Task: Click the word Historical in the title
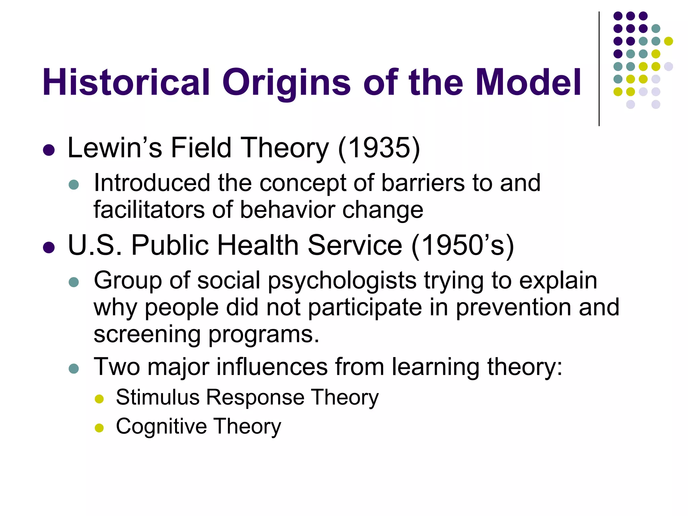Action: [126, 82]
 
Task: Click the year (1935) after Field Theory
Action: [379, 148]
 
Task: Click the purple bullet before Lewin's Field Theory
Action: [49, 150]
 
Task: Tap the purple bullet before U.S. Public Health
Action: [49, 248]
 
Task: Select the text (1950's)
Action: [463, 245]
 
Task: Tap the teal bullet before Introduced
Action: [74, 184]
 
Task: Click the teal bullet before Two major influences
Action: [74, 369]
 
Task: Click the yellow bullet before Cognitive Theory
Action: [99, 428]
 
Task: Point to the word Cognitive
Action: [161, 427]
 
